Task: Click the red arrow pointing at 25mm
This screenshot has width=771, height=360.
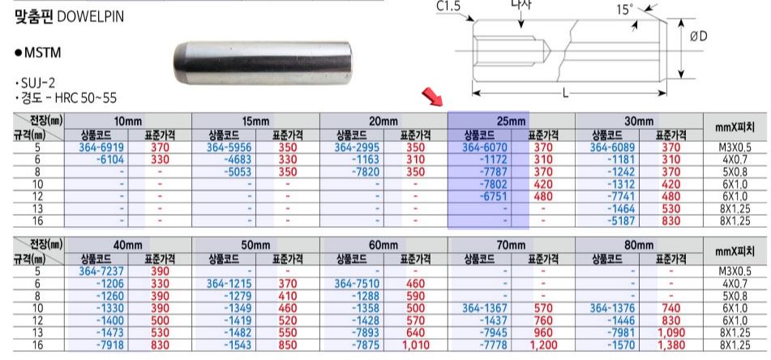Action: [x=432, y=97]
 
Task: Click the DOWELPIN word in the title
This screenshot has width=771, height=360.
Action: [x=91, y=17]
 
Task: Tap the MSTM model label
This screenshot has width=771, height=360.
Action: [x=42, y=53]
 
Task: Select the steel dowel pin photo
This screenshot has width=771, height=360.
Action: [x=263, y=62]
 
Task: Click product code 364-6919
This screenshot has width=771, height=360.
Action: [x=101, y=147]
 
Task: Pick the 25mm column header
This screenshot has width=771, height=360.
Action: [x=511, y=121]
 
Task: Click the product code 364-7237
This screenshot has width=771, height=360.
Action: [x=101, y=271]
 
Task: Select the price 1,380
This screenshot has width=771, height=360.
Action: [x=671, y=345]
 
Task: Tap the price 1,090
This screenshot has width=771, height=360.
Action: [x=671, y=333]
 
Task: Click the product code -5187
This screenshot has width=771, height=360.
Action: [x=621, y=221]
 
